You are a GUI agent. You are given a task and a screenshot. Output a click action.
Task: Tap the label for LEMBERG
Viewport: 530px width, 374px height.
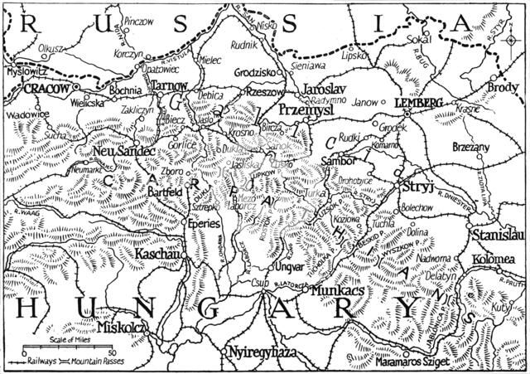[x=414, y=101]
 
